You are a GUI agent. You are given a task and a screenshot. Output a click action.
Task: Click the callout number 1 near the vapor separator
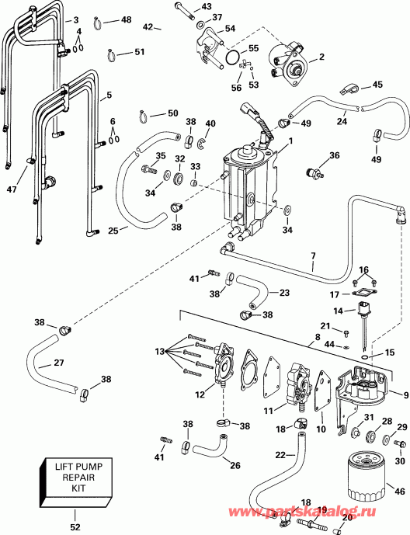click(290, 141)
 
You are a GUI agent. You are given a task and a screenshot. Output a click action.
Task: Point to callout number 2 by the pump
click(321, 57)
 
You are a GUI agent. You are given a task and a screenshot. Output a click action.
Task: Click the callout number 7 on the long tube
click(313, 255)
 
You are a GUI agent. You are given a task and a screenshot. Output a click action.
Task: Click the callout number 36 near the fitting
click(335, 155)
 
